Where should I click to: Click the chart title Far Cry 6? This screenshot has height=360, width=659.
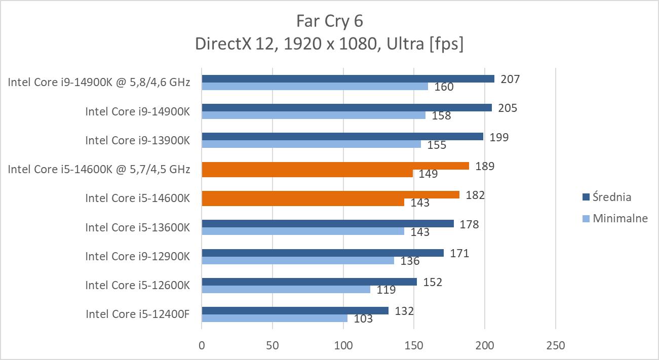pos(329,21)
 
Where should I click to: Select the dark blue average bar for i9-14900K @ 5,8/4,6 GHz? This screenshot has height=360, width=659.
pos(347,78)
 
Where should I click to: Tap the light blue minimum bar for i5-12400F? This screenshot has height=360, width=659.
pos(275,318)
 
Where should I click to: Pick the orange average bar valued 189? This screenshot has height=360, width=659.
pos(335,166)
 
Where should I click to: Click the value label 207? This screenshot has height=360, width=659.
pos(510,79)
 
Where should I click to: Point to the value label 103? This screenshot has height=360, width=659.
pos(363,319)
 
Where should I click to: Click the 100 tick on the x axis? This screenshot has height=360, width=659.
pos(343,346)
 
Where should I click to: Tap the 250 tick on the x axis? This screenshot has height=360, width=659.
pos(555,346)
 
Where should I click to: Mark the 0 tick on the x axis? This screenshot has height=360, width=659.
pos(202,346)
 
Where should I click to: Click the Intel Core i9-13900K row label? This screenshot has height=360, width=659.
pos(137,140)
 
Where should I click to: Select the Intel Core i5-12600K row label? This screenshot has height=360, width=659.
pos(137,285)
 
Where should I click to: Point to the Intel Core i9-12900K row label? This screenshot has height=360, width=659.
pos(137,256)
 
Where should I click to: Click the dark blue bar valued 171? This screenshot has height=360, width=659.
pos(323,253)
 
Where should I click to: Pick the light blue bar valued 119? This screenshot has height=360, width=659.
pos(286,289)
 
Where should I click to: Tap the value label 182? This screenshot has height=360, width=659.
pos(475,195)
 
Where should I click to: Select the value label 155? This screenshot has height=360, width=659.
pos(437,145)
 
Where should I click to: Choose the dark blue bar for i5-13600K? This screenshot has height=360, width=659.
pos(328,224)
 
